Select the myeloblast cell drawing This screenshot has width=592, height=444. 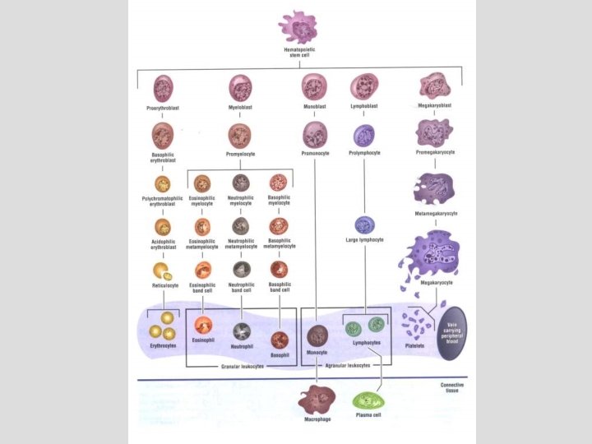click(x=240, y=86)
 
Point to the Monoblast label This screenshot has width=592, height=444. click(x=314, y=107)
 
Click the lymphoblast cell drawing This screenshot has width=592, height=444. click(x=363, y=86)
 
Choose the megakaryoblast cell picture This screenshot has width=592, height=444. click(x=434, y=86)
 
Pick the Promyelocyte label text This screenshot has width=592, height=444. click(x=240, y=154)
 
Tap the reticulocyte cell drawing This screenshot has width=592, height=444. click(x=161, y=271)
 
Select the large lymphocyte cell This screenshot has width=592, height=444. click(x=364, y=224)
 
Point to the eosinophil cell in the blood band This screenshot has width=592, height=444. click(x=203, y=323)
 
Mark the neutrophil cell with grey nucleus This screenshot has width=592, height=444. click(x=242, y=331)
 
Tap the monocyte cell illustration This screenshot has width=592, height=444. click(x=317, y=335)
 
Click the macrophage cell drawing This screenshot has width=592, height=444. click(x=317, y=402)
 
